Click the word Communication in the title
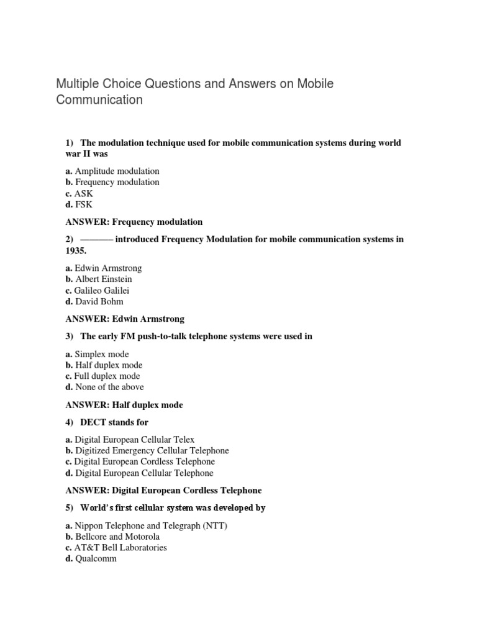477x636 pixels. (99, 99)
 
